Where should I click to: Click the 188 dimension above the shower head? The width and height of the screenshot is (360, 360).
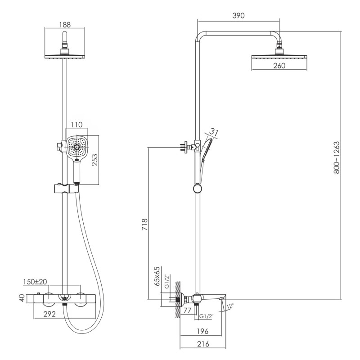[x=65, y=25]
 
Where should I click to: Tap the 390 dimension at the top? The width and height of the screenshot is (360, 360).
[x=238, y=16]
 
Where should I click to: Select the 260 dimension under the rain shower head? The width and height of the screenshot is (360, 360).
[x=279, y=66]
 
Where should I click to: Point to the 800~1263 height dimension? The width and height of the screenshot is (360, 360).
[x=336, y=157]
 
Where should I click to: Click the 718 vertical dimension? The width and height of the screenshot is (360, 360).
[x=144, y=225]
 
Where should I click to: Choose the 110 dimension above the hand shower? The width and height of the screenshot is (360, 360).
[x=76, y=125]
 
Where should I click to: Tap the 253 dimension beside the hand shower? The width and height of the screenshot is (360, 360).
[x=94, y=160]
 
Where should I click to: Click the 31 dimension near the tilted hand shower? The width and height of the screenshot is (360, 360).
[x=214, y=132]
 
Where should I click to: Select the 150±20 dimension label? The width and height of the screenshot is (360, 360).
[x=35, y=282]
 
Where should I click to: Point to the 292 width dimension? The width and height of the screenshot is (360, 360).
[x=49, y=314]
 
